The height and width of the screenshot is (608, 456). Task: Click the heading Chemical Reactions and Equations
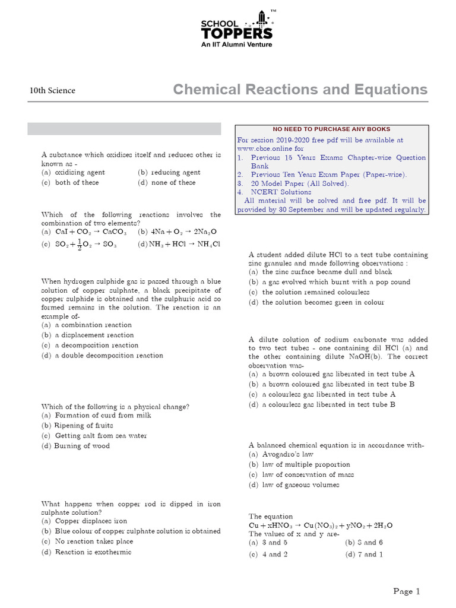(x=300, y=90)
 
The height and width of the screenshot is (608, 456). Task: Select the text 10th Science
(x=52, y=91)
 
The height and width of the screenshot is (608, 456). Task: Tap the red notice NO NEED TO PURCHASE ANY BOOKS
(x=331, y=129)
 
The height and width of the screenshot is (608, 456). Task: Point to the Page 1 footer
(x=407, y=591)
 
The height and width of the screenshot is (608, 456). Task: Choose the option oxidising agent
(x=79, y=172)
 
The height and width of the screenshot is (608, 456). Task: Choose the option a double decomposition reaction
(x=108, y=355)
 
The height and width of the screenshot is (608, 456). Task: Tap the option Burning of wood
(x=81, y=445)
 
